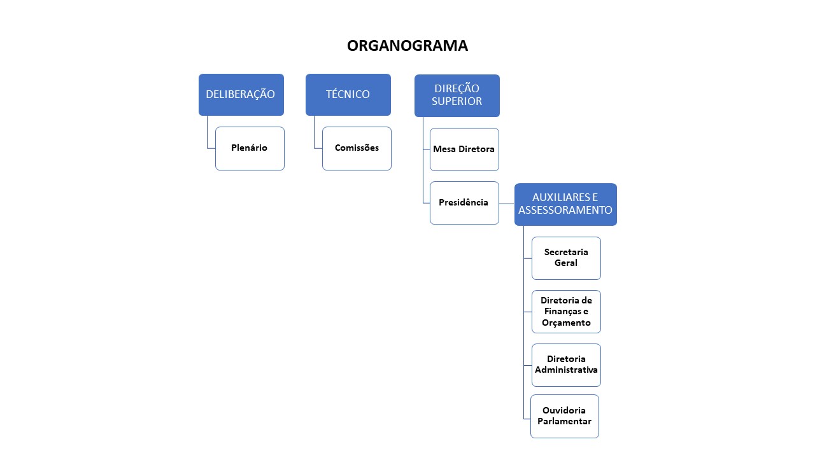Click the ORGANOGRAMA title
(407, 46)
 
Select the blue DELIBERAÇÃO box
(241, 94)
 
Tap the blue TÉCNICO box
(348, 94)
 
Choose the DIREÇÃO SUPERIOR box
(457, 95)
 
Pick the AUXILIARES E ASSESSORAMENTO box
(565, 204)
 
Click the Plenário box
(250, 148)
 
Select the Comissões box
(357, 148)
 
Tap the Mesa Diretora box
(464, 149)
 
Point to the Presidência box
(464, 203)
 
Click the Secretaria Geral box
(566, 258)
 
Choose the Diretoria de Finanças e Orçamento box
(566, 312)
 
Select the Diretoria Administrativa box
(566, 364)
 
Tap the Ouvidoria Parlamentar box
(565, 416)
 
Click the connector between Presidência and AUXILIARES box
(506, 204)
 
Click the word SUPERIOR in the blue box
(457, 101)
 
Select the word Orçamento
(566, 323)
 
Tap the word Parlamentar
(565, 421)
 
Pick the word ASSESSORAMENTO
(565, 210)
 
